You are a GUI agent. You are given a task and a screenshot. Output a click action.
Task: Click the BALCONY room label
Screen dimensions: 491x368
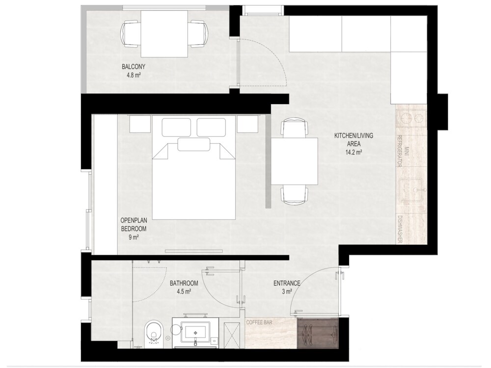pyautogui.click(x=134, y=67)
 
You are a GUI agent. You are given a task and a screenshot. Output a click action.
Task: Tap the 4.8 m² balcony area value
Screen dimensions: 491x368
pyautogui.click(x=134, y=75)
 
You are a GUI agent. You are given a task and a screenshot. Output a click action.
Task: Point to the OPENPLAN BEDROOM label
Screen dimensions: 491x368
pyautogui.click(x=134, y=224)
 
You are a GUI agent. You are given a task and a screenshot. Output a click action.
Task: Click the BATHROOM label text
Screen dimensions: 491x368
pyautogui.click(x=184, y=283)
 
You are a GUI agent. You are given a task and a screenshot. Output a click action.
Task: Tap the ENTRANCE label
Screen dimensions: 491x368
pyautogui.click(x=287, y=283)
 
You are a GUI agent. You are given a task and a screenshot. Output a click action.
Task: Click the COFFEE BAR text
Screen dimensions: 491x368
pyautogui.click(x=259, y=322)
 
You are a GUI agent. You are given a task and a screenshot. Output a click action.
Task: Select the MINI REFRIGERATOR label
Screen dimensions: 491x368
pyautogui.click(x=403, y=151)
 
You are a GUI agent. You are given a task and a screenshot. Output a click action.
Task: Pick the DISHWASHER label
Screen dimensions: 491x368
pyautogui.click(x=400, y=229)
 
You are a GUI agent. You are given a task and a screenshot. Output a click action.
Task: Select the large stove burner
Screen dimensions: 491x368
pyautogui.click(x=406, y=118)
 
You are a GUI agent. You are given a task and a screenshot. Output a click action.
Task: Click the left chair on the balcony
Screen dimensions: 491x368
pyautogui.click(x=130, y=34)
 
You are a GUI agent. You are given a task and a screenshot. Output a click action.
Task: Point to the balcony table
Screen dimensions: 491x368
pyautogui.click(x=164, y=34)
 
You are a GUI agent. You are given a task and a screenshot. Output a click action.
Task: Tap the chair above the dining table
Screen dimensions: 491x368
pyautogui.click(x=294, y=128)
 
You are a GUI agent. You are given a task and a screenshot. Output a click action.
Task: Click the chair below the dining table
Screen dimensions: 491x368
pyautogui.click(x=294, y=195)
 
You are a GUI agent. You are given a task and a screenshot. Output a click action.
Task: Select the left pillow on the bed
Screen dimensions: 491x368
pyautogui.click(x=176, y=127)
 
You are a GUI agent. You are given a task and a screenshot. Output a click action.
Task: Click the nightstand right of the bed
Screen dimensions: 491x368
pyautogui.click(x=247, y=124)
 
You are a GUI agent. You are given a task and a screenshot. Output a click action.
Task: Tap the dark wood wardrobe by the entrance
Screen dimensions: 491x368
pyautogui.click(x=318, y=333)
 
